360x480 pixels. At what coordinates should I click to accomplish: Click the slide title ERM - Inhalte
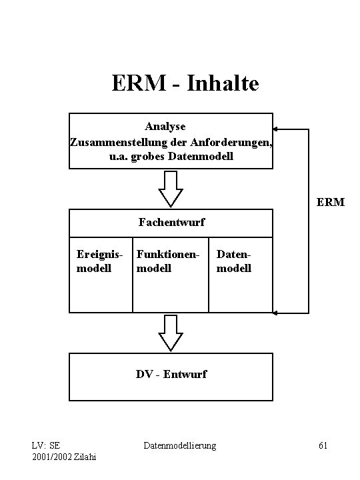[x=185, y=84]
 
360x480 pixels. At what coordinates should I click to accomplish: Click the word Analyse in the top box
[x=165, y=125]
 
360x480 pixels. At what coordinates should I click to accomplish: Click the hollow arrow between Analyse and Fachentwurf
[x=171, y=189]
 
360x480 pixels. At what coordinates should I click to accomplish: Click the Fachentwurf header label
[x=171, y=222]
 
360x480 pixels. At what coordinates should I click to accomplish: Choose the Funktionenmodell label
[x=167, y=261]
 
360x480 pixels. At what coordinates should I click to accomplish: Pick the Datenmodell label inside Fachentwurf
[x=234, y=261]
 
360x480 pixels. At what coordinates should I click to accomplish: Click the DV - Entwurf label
[x=171, y=374]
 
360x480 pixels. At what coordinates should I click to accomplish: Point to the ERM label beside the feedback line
[x=331, y=201]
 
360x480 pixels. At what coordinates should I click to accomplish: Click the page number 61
[x=322, y=445]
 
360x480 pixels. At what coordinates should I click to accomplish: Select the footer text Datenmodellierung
[x=181, y=445]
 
